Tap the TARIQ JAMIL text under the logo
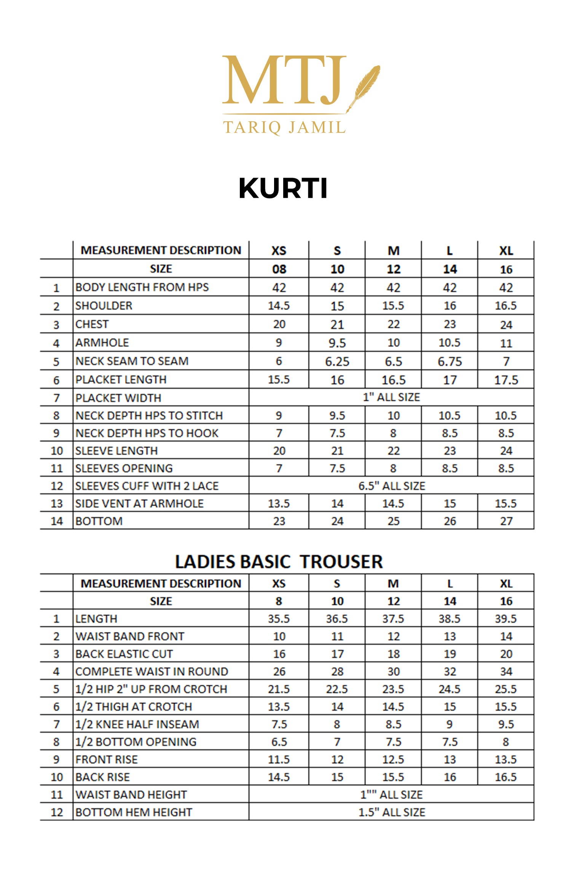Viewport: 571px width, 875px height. tap(284, 127)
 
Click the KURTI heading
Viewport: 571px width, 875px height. tap(283, 188)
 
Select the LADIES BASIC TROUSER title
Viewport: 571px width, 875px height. tap(279, 562)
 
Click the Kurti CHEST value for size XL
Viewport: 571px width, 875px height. tap(506, 325)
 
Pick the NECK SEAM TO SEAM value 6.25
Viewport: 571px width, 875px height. tap(337, 361)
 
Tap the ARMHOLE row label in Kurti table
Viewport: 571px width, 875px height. tap(102, 343)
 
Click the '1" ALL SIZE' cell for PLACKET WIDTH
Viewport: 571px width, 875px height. tap(391, 397)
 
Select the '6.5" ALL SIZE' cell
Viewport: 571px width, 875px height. tap(391, 486)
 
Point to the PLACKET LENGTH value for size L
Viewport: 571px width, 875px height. tap(450, 380)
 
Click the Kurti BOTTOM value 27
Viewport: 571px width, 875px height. tap(506, 521)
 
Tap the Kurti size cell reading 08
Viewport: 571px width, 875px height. tap(279, 269)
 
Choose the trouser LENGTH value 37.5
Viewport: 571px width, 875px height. tap(393, 619)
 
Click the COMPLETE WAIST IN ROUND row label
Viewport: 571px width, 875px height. tap(152, 671)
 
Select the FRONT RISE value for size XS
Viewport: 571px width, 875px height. tap(279, 759)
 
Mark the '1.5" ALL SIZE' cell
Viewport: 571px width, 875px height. tap(391, 812)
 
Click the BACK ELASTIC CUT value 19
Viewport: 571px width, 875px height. tap(450, 654)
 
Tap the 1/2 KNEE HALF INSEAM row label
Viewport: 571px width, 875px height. tap(137, 724)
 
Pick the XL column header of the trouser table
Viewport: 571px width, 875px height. tap(506, 584)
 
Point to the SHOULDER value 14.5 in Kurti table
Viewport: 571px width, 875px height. tap(279, 306)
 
